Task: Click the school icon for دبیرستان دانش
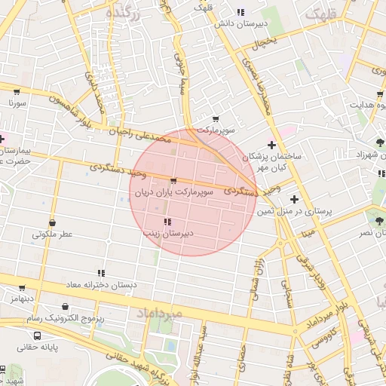[240, 12]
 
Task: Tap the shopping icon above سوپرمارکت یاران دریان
[174, 181]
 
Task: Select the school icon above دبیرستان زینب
[167, 222]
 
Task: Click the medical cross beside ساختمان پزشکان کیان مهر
[271, 145]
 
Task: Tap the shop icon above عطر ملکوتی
[52, 222]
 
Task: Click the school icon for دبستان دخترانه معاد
[101, 273]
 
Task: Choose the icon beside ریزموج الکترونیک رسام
[67, 307]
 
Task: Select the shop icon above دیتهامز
[22, 288]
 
